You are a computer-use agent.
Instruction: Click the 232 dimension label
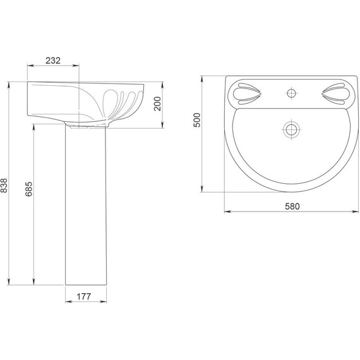(53, 61)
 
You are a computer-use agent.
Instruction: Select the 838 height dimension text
(4, 186)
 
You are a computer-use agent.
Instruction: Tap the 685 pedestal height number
(28, 189)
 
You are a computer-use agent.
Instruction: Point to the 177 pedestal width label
(84, 297)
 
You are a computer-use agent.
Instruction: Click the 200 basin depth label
(157, 104)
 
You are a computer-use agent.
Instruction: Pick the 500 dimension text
(197, 120)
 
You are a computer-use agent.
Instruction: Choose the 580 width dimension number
(292, 207)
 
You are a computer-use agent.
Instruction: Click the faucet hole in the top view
(291, 93)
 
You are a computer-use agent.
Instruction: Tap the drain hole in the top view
(291, 129)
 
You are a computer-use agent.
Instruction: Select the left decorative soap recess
(247, 94)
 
